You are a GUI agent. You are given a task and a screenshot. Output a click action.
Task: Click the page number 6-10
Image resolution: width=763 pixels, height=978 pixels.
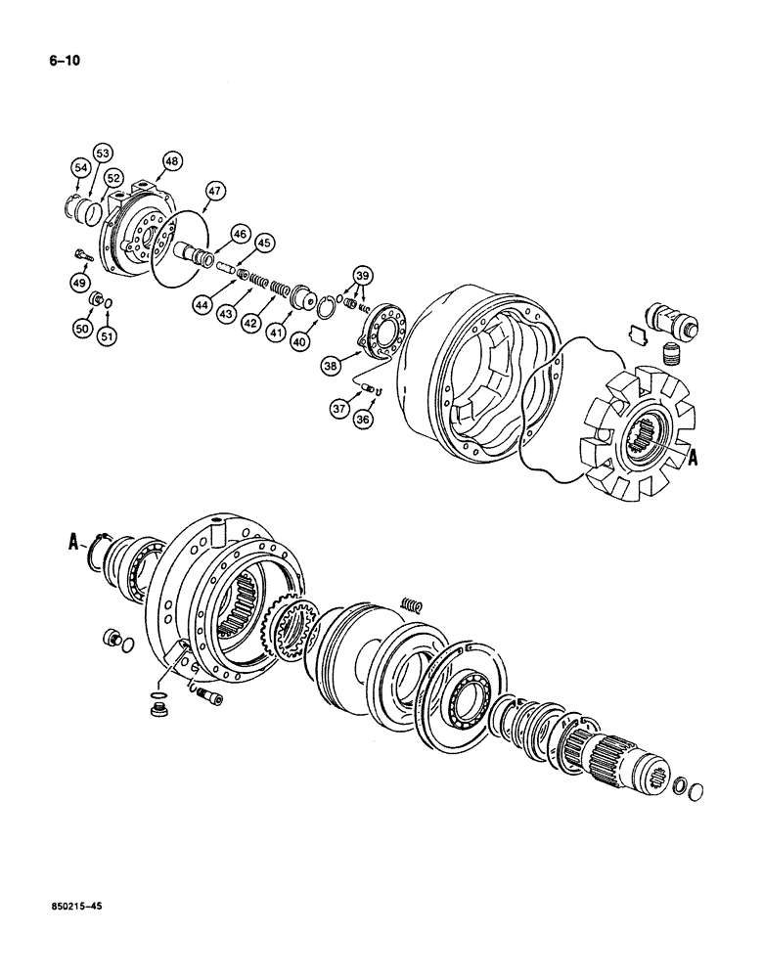65,61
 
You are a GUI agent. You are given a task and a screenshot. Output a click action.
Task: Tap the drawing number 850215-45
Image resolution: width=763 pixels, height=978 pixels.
75,908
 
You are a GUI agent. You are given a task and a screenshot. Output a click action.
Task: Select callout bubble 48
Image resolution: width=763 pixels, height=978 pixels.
172,161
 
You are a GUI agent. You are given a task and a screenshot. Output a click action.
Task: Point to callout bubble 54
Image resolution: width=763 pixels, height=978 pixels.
77,169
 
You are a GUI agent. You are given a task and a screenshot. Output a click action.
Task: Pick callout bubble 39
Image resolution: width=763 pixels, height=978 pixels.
362,276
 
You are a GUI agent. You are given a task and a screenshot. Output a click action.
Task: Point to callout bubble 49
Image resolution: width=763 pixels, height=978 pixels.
79,284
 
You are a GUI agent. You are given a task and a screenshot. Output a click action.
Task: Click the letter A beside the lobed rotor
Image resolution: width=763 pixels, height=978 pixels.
693,455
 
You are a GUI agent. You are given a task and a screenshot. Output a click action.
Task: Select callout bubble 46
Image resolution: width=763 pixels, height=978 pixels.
239,233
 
